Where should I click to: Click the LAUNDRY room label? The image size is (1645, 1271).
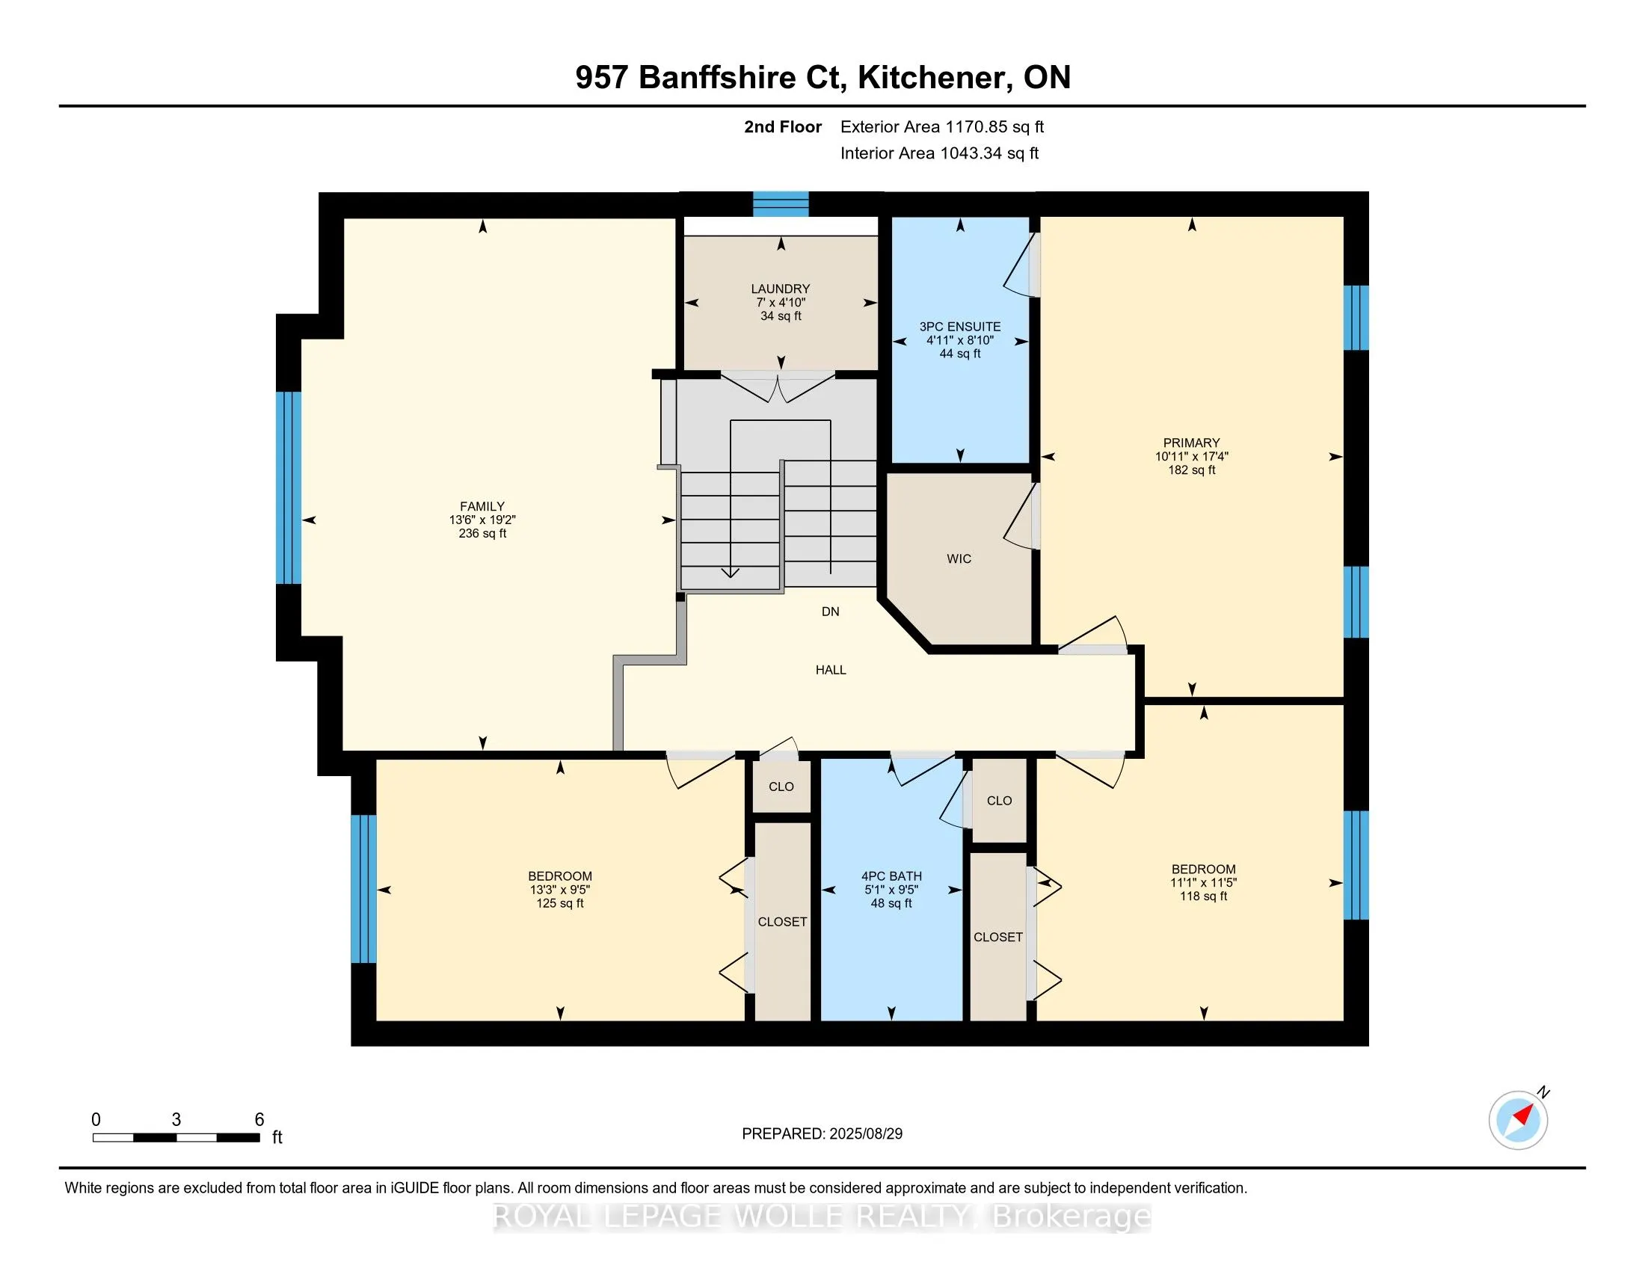[x=781, y=289]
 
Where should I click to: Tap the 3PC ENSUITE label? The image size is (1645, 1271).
[x=959, y=327]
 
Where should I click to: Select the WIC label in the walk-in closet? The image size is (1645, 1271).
[x=959, y=558]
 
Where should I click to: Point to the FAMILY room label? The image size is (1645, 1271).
[x=482, y=507]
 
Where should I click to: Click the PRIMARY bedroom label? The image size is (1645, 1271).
[x=1191, y=443]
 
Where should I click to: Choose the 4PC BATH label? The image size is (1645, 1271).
[x=891, y=876]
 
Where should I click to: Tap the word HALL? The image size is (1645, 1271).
[x=831, y=670]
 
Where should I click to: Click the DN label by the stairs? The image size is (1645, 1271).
[x=830, y=612]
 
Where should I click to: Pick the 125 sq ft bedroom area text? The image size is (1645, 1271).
[x=559, y=904]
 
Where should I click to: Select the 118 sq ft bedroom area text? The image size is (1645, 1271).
[x=1203, y=896]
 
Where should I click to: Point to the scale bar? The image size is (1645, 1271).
[x=176, y=1138]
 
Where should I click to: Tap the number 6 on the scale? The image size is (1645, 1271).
[x=259, y=1120]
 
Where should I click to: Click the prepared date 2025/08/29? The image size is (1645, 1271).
[x=865, y=1134]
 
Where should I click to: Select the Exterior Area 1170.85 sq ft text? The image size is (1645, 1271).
[x=941, y=127]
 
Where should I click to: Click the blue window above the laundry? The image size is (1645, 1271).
[x=781, y=204]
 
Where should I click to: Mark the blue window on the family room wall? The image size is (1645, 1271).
[x=289, y=488]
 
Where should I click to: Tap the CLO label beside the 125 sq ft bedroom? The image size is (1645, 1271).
[x=781, y=787]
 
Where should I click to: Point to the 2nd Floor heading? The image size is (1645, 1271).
[x=782, y=127]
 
